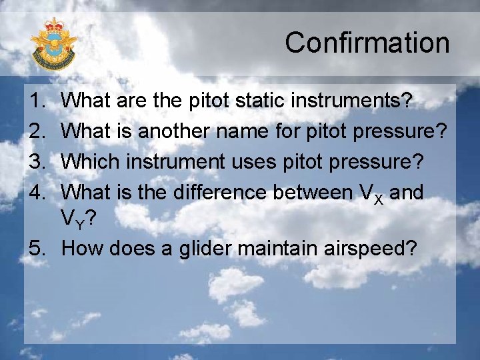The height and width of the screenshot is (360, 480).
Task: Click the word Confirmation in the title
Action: [367, 43]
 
